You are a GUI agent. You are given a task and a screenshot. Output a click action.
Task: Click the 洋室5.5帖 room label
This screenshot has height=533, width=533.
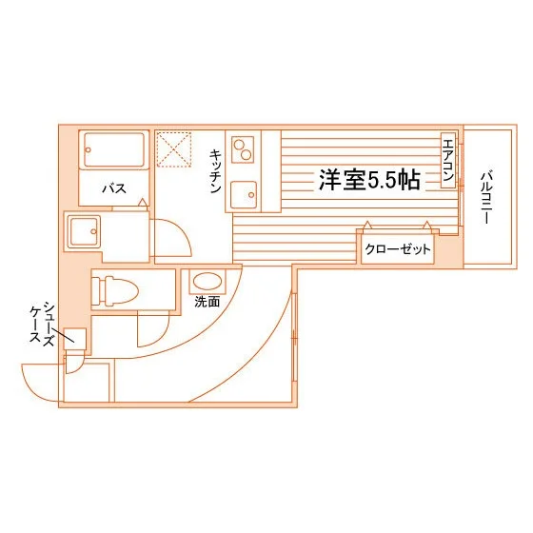pyautogui.click(x=369, y=180)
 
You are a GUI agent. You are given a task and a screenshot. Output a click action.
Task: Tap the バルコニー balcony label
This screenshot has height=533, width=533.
pyautogui.click(x=485, y=198)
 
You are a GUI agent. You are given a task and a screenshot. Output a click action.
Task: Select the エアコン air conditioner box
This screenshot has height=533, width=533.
pyautogui.click(x=448, y=160)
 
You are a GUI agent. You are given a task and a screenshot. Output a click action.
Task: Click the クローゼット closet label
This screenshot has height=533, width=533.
pyautogui.click(x=398, y=249)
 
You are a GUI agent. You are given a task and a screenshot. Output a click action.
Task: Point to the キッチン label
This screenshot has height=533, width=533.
pyautogui.click(x=215, y=170)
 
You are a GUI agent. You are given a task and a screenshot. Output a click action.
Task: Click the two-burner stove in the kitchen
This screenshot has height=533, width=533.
pyautogui.click(x=243, y=149)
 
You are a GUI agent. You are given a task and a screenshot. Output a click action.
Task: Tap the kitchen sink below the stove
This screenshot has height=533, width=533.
pyautogui.click(x=244, y=195)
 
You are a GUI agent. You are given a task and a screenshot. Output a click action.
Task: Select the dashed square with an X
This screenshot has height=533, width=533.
pyautogui.click(x=174, y=149)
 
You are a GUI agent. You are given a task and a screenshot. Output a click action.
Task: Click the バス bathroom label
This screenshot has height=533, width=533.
pyautogui.click(x=114, y=188)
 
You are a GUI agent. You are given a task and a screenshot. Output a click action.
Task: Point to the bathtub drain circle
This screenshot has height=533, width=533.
pyautogui.click(x=89, y=149)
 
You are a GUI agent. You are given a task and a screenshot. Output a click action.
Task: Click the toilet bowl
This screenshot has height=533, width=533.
pyautogui.click(x=122, y=290)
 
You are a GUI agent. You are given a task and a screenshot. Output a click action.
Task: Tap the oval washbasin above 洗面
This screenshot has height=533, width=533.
pyautogui.click(x=207, y=281)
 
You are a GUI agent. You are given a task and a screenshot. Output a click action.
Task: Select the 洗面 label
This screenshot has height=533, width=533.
pyautogui.click(x=207, y=302)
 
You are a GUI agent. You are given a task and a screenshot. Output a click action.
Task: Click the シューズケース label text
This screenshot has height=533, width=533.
pyautogui.click(x=42, y=325)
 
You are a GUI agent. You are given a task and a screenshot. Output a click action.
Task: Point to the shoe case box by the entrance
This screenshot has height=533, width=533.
pyautogui.click(x=75, y=339)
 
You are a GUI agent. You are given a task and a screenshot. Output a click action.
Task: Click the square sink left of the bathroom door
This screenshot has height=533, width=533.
pyautogui.click(x=84, y=231)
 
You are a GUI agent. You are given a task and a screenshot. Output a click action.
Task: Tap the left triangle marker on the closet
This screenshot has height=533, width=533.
pyautogui.click(x=367, y=225)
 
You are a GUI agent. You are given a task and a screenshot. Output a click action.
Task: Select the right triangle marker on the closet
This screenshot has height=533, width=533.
pyautogui.click(x=427, y=225)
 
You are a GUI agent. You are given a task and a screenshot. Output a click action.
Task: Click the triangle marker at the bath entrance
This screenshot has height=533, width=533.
pyautogui.click(x=143, y=202)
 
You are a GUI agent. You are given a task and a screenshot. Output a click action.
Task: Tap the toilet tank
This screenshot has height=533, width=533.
pyautogui.click(x=97, y=290)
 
